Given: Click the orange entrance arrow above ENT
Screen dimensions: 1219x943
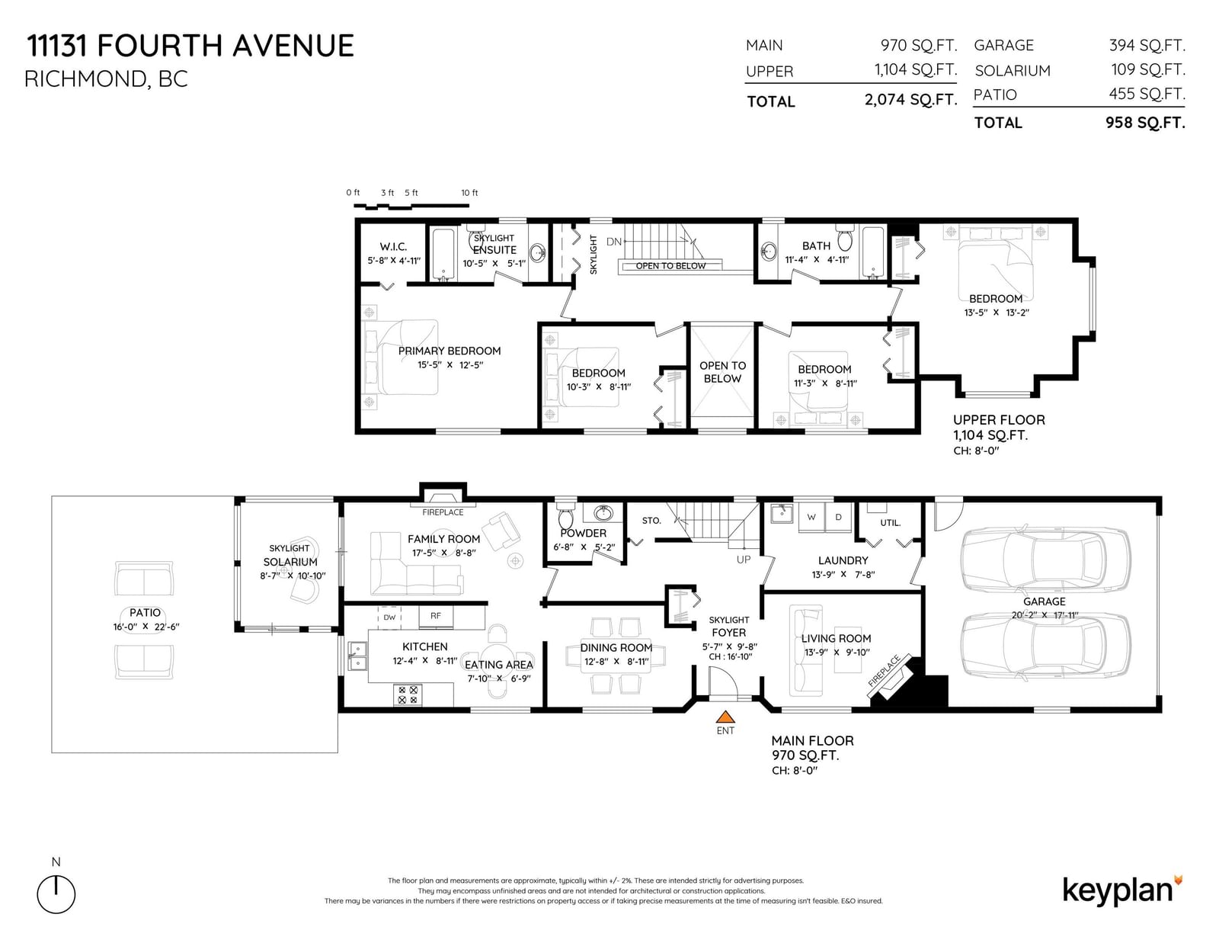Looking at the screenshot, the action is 725,717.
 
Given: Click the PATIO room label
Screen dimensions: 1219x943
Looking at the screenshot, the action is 145,612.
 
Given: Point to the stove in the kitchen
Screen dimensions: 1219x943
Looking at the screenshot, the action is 408,695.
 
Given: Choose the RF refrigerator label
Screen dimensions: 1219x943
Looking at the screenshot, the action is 436,616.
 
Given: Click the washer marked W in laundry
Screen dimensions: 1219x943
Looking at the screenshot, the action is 811,517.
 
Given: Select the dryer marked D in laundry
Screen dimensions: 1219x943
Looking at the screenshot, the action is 839,517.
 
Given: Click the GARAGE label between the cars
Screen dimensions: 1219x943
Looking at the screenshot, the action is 1044,601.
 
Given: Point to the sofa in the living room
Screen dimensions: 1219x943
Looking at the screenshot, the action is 806,651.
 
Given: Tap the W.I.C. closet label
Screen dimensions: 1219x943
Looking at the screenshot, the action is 393,246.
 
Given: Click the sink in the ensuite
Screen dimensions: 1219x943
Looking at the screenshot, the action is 538,253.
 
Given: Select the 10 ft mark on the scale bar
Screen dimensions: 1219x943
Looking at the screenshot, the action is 469,193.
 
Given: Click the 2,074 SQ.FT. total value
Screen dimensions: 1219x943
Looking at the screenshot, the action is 910,100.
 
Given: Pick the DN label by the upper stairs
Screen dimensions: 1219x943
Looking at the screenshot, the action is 614,242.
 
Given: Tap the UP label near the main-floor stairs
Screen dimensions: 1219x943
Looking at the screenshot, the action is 744,560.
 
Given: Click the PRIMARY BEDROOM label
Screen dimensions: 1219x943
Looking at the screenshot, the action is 450,351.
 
